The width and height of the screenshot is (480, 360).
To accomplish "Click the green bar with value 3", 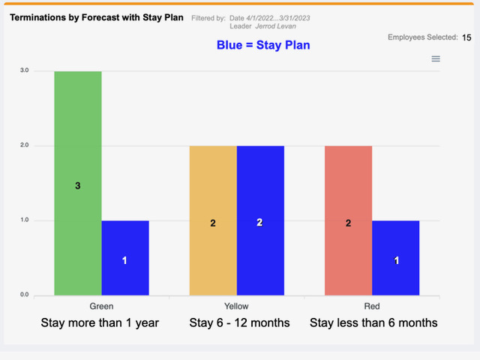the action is coord(78,183).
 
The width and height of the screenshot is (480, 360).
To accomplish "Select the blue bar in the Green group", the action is coord(125,258).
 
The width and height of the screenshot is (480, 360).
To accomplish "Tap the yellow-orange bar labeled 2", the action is coord(213,220).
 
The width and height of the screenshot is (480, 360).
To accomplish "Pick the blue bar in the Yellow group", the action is coord(260,220).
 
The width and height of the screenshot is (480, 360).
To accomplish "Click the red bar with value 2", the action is coord(348,220).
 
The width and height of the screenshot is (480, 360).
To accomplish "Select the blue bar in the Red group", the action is coord(396,258).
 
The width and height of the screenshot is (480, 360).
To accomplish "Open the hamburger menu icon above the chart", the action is coord(436,58).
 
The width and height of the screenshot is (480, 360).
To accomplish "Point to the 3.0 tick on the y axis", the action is coord(25,70).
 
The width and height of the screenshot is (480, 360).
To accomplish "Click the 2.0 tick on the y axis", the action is coord(25,145).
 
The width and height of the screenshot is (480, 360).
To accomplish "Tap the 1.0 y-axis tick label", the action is coord(25,220).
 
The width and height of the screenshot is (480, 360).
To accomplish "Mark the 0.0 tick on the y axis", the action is coord(25,295).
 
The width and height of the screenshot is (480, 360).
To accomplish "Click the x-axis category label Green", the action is coord(101,306).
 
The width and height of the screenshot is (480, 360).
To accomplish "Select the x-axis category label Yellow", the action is coord(236,306).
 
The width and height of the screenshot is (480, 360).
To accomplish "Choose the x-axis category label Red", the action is coord(372,306).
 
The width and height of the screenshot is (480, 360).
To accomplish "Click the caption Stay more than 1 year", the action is coord(100,323).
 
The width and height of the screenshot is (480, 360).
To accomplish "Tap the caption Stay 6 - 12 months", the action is coord(239,323).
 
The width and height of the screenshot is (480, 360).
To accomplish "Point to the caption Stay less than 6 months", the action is coord(373,323).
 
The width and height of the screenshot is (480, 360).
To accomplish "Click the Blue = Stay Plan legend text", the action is coord(263,45).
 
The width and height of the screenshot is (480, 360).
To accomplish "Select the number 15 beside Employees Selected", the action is coord(466,37).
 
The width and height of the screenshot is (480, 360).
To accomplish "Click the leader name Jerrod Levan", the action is coord(275,26).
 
